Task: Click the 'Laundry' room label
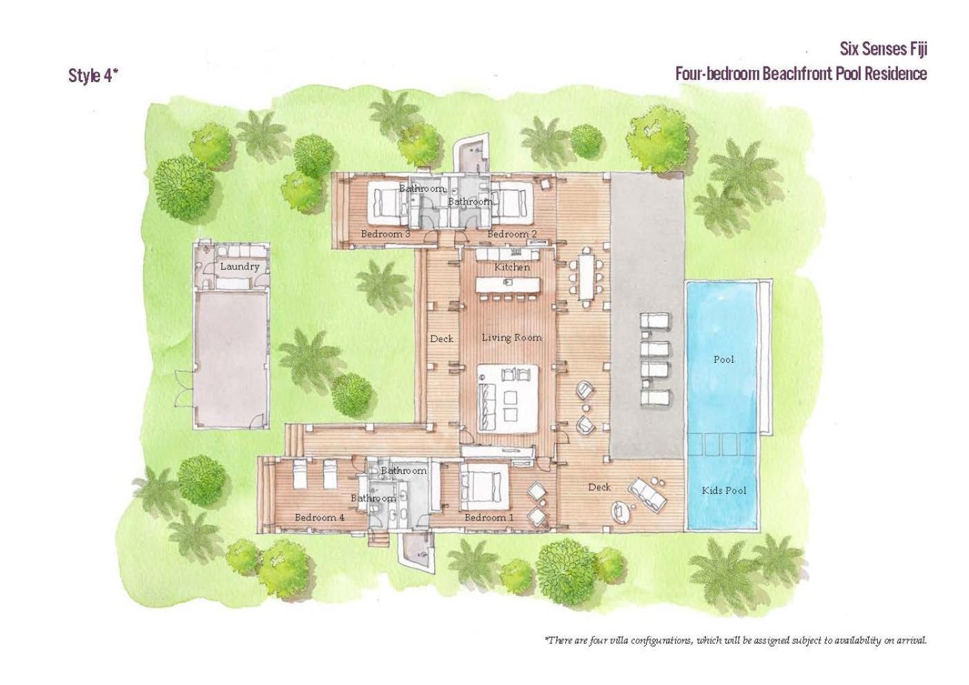(239, 267)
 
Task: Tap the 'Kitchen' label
(512, 267)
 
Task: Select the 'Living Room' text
(512, 338)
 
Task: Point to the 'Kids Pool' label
(724, 490)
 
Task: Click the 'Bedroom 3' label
(385, 234)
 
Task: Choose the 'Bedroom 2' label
(512, 234)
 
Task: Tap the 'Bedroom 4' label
(320, 517)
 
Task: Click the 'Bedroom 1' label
(489, 517)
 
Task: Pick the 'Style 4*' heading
(93, 76)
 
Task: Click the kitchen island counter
(508, 284)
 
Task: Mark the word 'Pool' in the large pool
(724, 359)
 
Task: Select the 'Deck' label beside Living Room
(442, 339)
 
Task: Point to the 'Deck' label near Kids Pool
(600, 488)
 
